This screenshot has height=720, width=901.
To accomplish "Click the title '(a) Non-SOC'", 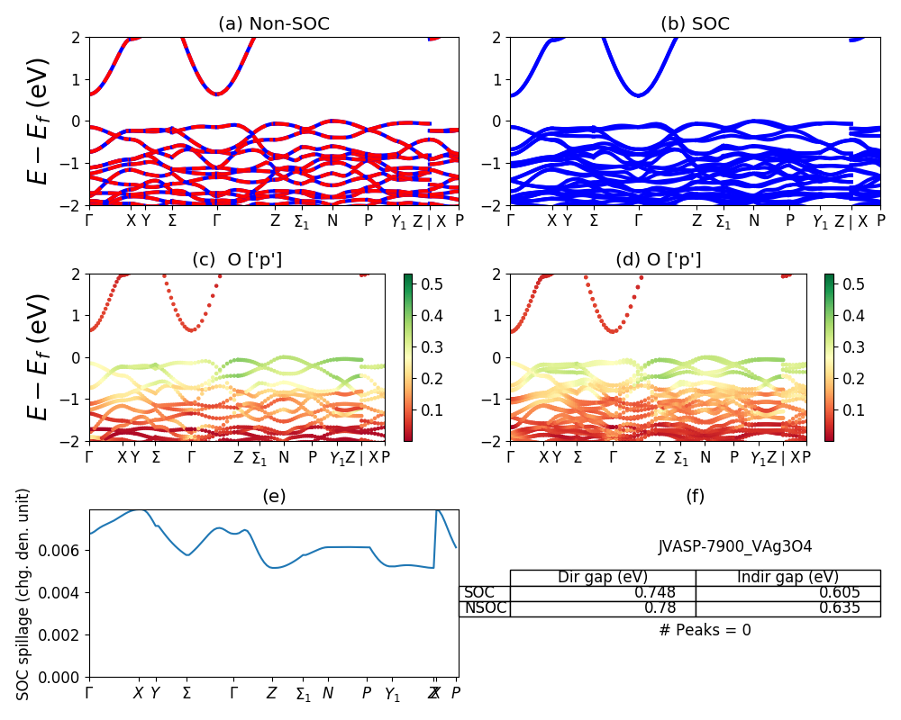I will pyautogui.click(x=274, y=24).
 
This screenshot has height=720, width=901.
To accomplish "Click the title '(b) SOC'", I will pyautogui.click(x=695, y=24).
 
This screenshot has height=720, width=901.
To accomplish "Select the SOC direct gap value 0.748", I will pyautogui.click(x=654, y=592).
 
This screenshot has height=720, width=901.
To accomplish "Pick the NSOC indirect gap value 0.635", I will pyautogui.click(x=840, y=607).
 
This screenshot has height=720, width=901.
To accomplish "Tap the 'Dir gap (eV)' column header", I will pyautogui.click(x=603, y=577).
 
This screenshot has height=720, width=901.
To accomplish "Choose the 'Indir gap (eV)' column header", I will pyautogui.click(x=787, y=577).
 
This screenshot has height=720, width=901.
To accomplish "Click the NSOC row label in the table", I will pyautogui.click(x=485, y=607).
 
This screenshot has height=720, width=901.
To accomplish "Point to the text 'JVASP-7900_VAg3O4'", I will pyautogui.click(x=735, y=546).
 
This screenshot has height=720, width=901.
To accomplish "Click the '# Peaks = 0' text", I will pyautogui.click(x=705, y=630).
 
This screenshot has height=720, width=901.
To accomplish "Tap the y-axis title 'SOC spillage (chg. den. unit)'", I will pyautogui.click(x=23, y=594).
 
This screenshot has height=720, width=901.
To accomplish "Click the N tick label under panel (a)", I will pyautogui.click(x=332, y=220).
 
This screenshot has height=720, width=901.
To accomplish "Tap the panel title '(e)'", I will pyautogui.click(x=274, y=496).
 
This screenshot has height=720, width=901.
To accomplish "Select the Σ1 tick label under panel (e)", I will pyautogui.click(x=303, y=694).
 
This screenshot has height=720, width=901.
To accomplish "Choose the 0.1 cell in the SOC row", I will pyautogui.click(x=840, y=592).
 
